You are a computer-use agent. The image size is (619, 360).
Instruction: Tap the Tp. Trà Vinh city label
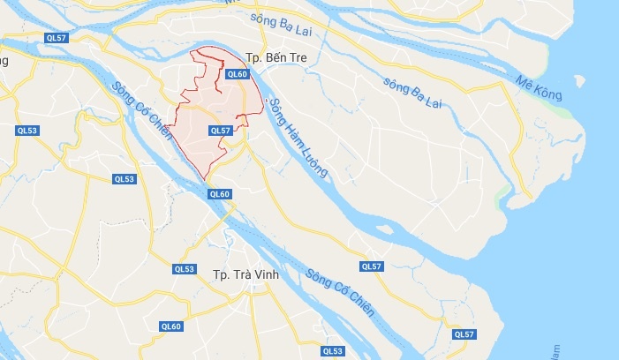[245, 275]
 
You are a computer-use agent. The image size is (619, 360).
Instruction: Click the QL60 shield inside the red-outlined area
[237, 74]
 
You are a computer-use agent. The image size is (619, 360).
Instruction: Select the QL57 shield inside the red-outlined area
[220, 130]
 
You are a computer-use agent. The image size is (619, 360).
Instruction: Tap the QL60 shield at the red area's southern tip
[220, 194]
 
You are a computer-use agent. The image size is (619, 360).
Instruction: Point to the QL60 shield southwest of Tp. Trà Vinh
[170, 326]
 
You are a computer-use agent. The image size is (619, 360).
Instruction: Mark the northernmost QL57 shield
[57, 37]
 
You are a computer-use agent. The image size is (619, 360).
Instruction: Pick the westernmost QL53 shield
[27, 130]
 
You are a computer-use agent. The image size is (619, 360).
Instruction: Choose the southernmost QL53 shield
[331, 350]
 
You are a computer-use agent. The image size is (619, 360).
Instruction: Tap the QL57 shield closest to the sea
[464, 334]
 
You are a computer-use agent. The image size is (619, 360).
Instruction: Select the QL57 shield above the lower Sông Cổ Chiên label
[372, 266]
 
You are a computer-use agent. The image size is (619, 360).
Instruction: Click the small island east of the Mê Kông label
[578, 81]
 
